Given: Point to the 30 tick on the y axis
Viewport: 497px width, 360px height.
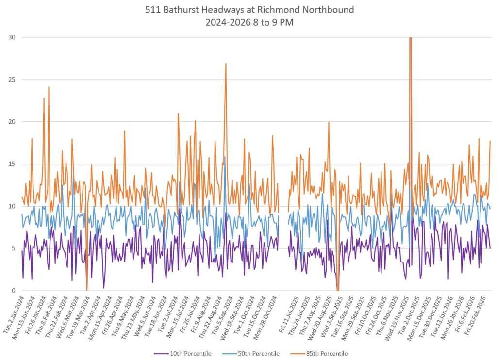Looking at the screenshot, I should tap(11, 37).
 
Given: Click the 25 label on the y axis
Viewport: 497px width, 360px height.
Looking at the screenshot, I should tap(11, 80).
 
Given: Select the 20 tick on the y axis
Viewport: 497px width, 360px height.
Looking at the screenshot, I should tap(11, 122).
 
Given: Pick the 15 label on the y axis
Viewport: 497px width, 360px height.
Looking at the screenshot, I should tap(11, 164).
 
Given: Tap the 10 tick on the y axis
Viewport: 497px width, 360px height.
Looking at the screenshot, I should tap(11, 206).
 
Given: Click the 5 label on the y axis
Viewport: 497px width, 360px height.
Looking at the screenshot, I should tap(13, 248).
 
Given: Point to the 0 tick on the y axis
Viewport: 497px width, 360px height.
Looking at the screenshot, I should tap(13, 291).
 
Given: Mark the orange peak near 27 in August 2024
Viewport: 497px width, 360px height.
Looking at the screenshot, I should tap(226, 64).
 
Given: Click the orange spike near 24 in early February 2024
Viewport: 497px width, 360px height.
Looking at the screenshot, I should tap(49, 87).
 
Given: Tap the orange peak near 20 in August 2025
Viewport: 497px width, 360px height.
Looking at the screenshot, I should tap(329, 122).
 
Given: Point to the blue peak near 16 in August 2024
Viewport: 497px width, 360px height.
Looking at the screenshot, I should tap(224, 157).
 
